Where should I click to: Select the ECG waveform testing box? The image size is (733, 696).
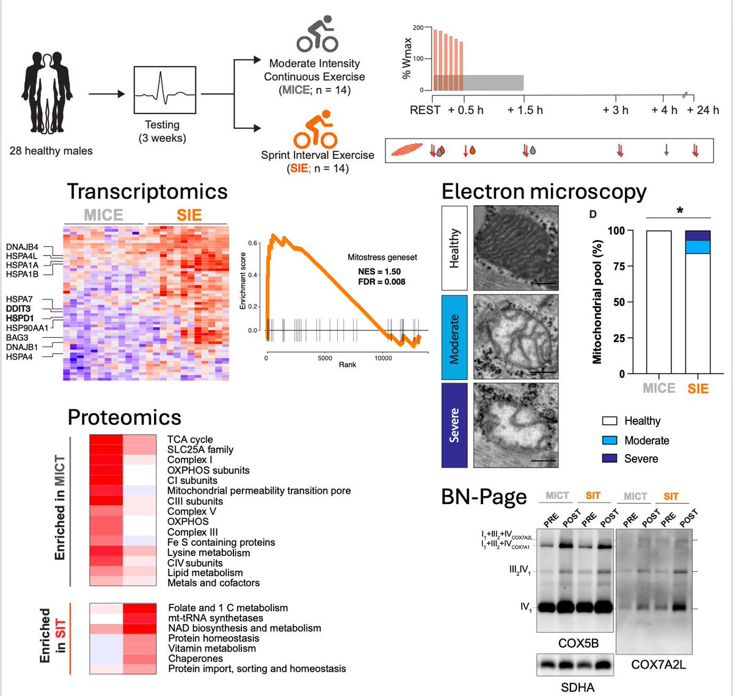pos(165,90)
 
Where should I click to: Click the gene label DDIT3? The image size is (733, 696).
pos(18,309)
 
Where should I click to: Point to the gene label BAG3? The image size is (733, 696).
pos(17,337)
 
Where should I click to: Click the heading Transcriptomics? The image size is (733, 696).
pos(147,191)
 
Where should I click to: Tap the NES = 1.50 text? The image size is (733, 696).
pos(379,271)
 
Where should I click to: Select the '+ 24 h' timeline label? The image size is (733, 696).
pos(703,110)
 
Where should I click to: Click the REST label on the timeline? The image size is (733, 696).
pos(425,110)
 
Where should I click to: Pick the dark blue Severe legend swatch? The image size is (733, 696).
pos(609,458)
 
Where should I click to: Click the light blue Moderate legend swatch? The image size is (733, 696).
pos(609,440)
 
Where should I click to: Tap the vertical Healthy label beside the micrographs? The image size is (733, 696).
pos(454,247)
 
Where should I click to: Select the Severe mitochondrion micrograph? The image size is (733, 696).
pos(516,425)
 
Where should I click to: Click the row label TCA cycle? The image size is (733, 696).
pos(190,439)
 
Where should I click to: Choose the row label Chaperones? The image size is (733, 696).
pos(195,659)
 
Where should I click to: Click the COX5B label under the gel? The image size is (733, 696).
pos(578,643)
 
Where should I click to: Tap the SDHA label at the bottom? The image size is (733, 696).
pos(577,687)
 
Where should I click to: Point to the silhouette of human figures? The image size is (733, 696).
pos(48,92)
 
